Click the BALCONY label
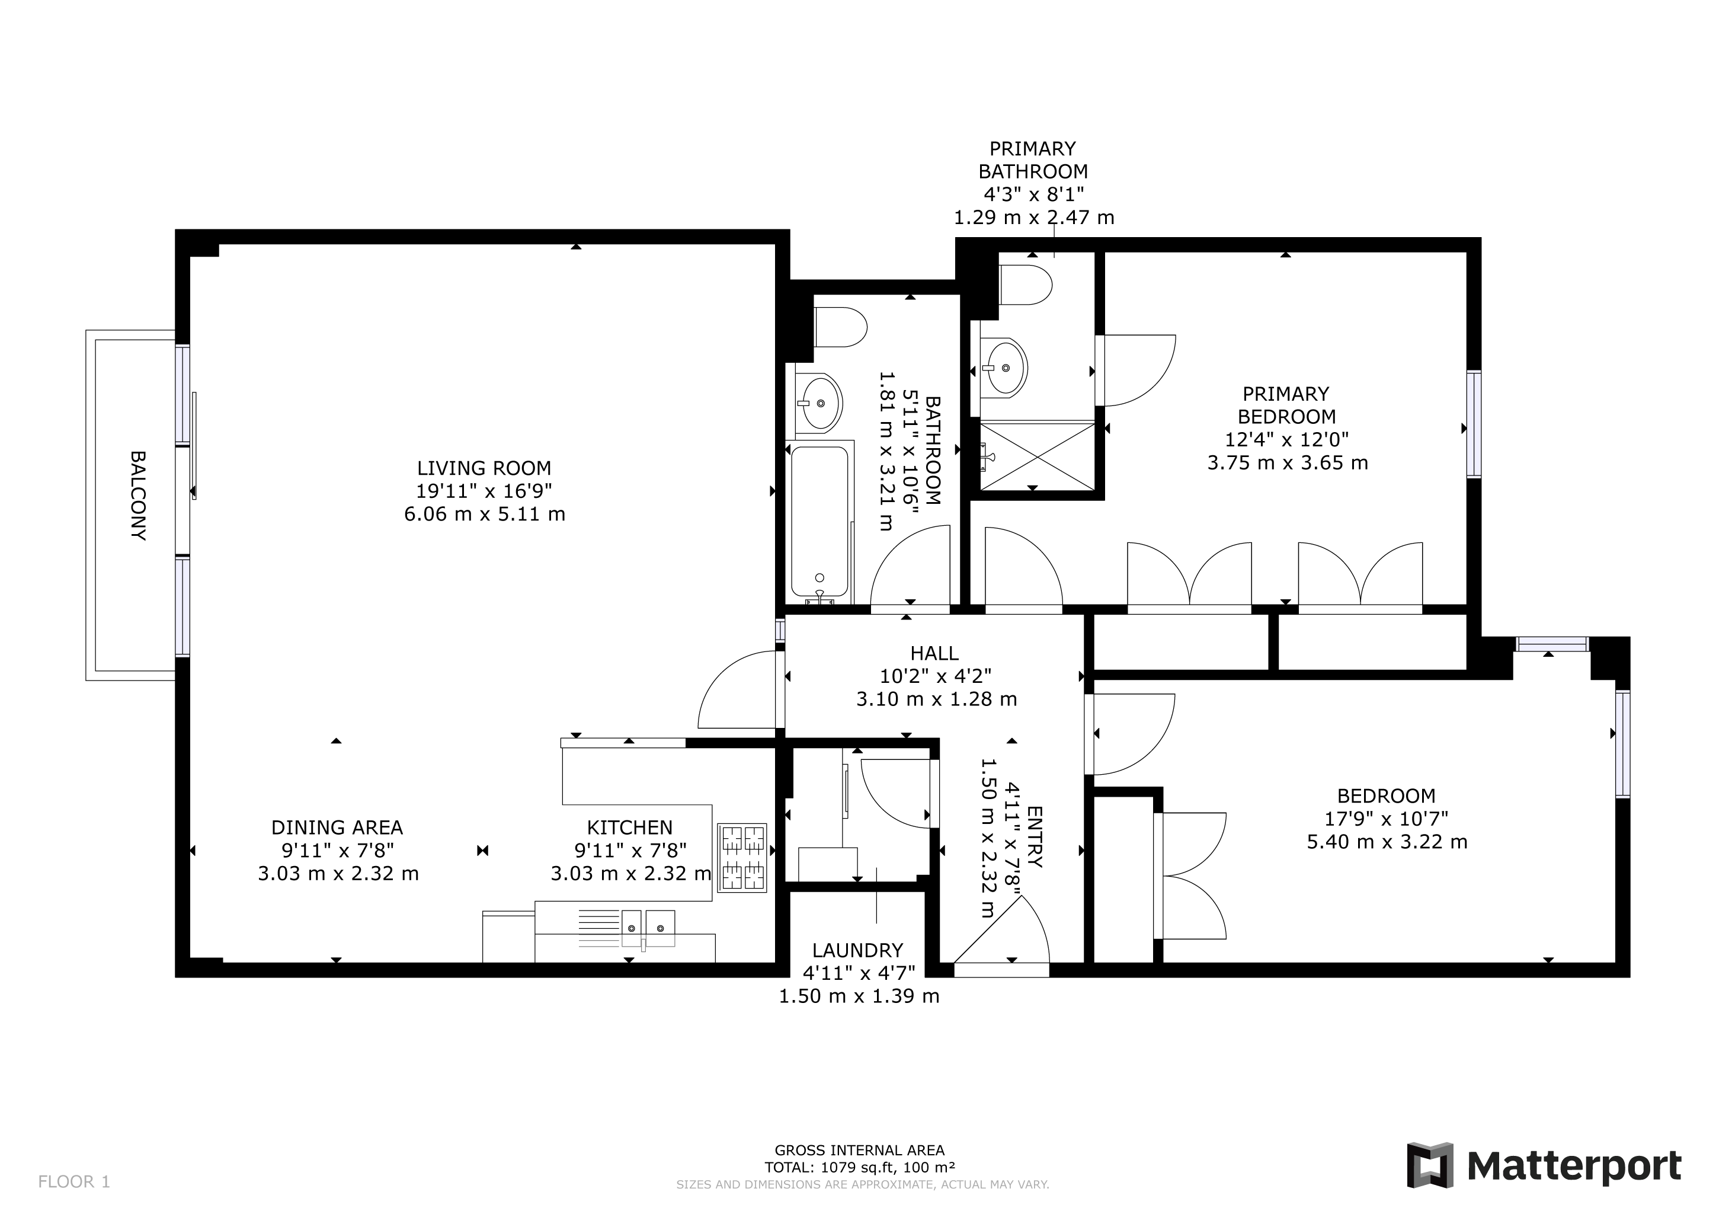[x=137, y=495]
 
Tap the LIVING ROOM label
[x=484, y=468]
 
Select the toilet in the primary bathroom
[x=1026, y=285]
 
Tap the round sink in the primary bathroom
[x=1007, y=367]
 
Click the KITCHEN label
[x=629, y=828]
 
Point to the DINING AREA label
[x=337, y=828]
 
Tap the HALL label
[x=934, y=653]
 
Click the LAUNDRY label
[x=858, y=950]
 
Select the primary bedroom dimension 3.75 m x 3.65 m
[x=1288, y=463]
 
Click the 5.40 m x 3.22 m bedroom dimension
[x=1387, y=842]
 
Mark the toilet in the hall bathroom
[x=841, y=327]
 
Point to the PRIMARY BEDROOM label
[x=1286, y=405]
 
